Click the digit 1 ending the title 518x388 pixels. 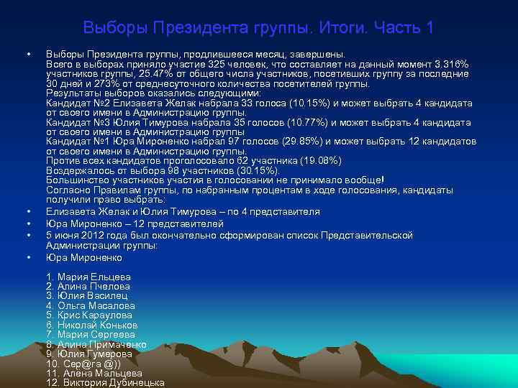pyautogui.click(x=430, y=28)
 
